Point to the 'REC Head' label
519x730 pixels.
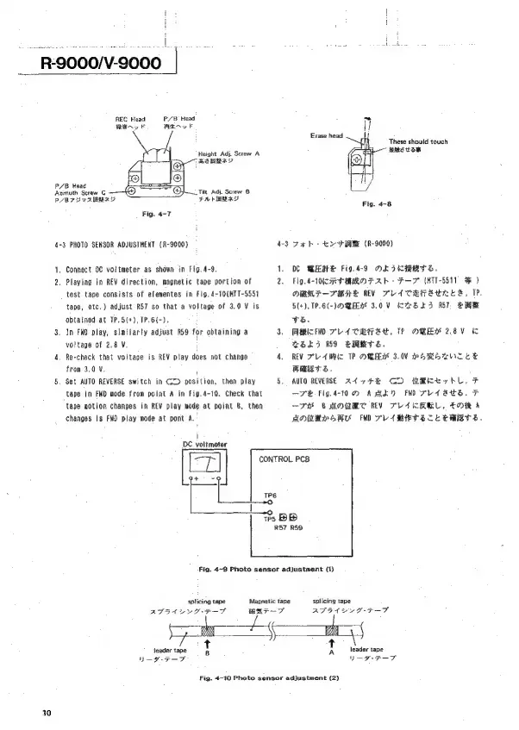coord(130,117)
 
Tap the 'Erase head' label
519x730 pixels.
coord(327,134)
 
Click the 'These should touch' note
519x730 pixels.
coord(418,141)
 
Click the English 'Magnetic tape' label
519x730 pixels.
coord(268,601)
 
